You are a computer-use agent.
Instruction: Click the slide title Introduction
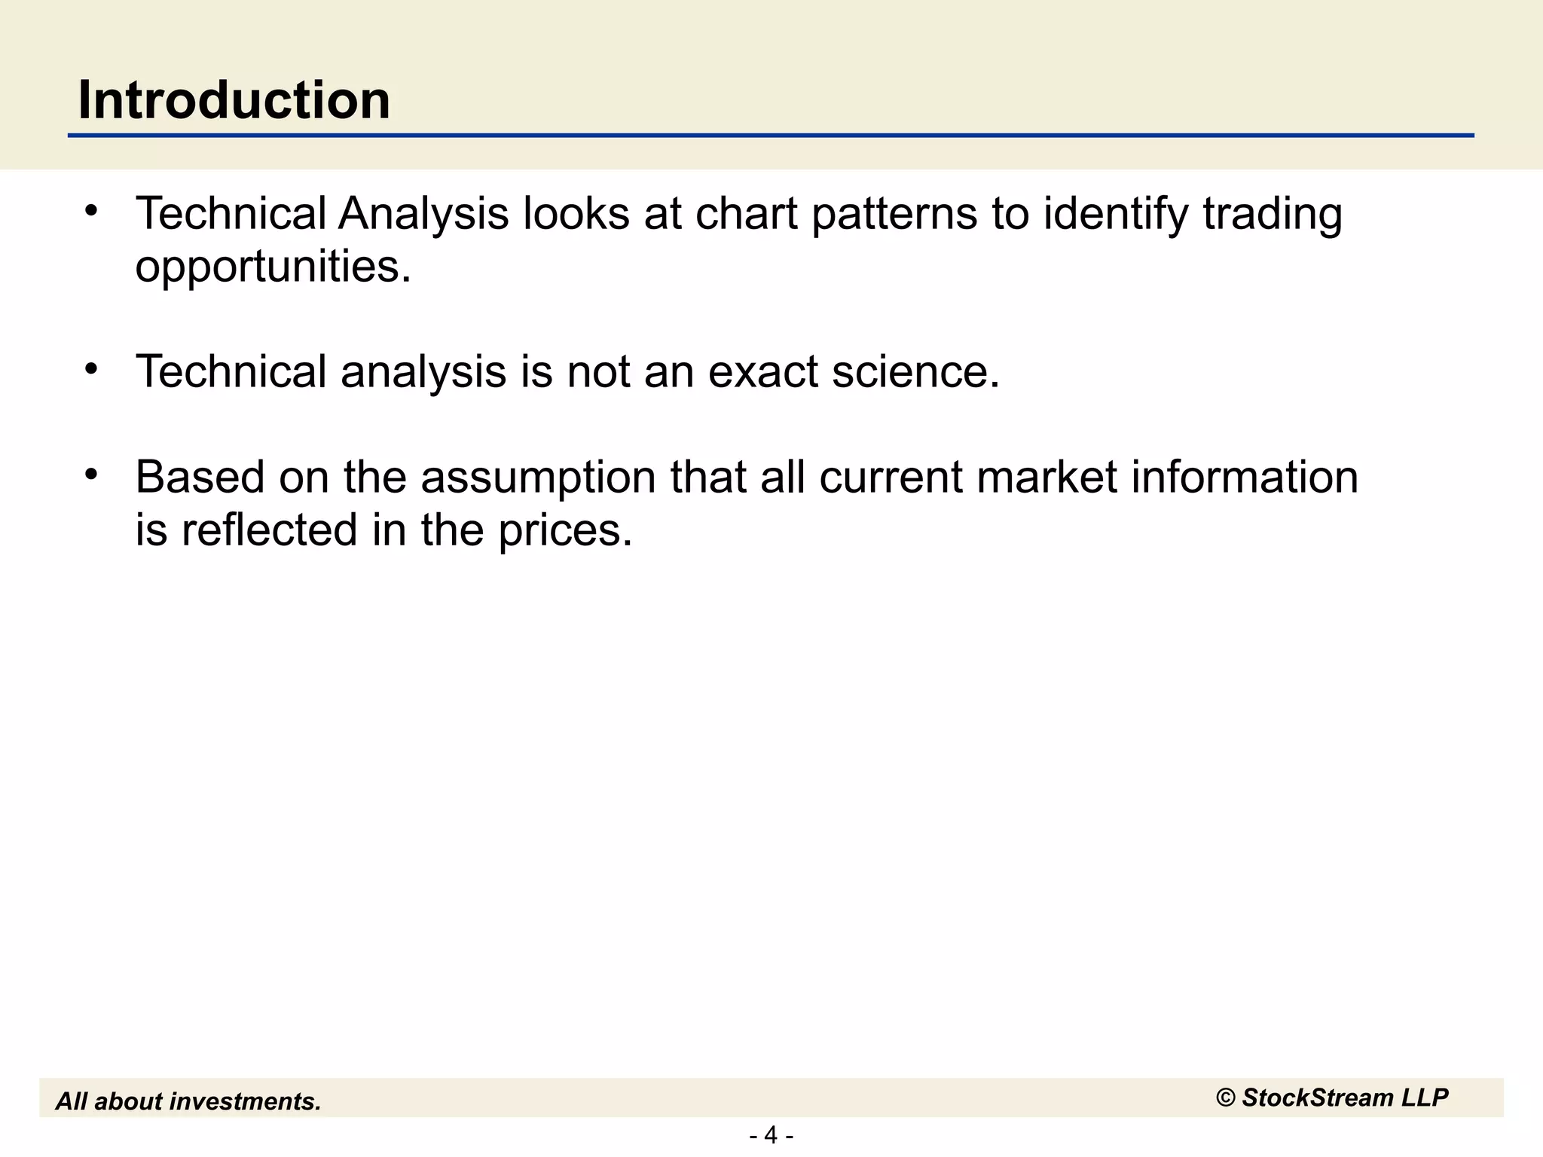[234, 99]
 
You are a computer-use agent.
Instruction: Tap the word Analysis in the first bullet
[423, 214]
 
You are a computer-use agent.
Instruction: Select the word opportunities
[273, 267]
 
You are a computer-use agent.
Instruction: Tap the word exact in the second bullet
[762, 372]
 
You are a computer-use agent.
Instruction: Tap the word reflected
[269, 530]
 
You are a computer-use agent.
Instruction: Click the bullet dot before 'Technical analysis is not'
[92, 369]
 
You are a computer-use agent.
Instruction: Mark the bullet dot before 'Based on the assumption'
[92, 475]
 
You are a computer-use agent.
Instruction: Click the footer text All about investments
[188, 1101]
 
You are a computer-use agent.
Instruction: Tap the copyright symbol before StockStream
[1226, 1098]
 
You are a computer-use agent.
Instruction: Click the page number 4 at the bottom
[771, 1135]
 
